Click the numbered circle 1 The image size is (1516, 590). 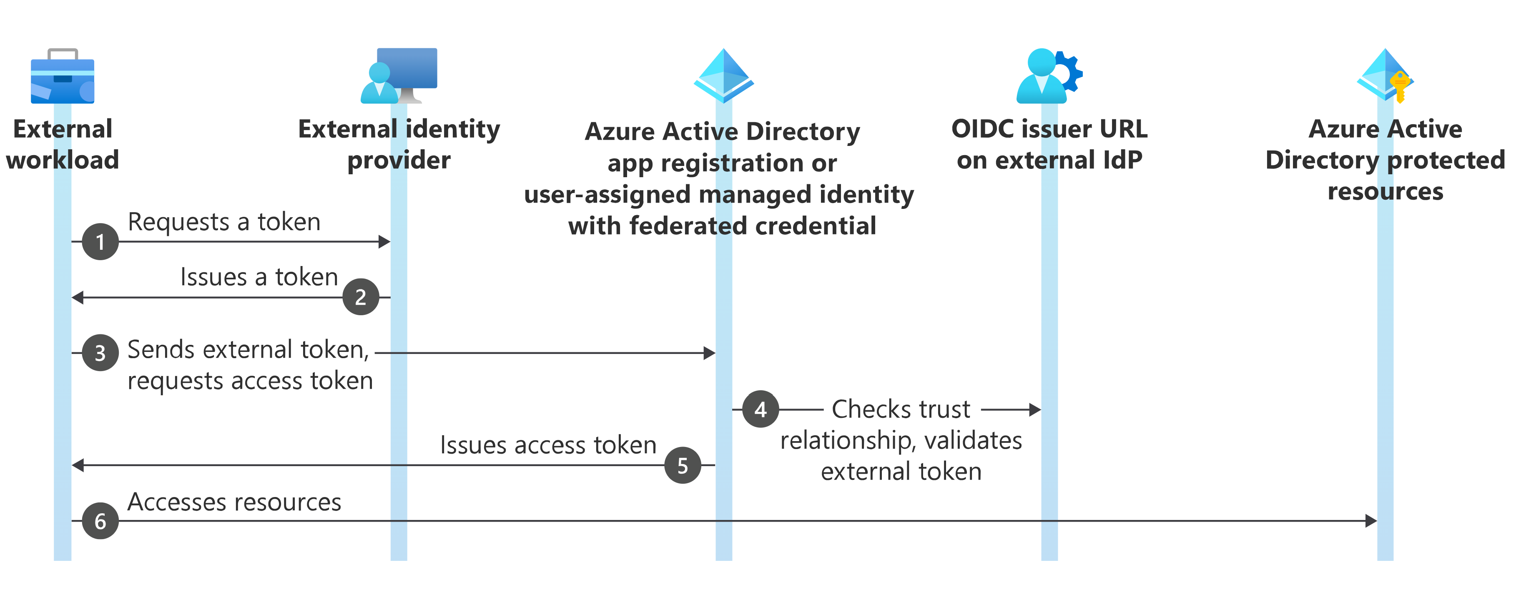100,241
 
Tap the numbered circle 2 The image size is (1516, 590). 361,297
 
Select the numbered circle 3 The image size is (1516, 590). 100,353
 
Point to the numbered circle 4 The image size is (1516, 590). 761,409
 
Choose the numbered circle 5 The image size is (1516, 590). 683,465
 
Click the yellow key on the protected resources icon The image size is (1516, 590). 1400,86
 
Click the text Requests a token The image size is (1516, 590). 224,222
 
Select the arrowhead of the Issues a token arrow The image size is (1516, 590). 77,297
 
